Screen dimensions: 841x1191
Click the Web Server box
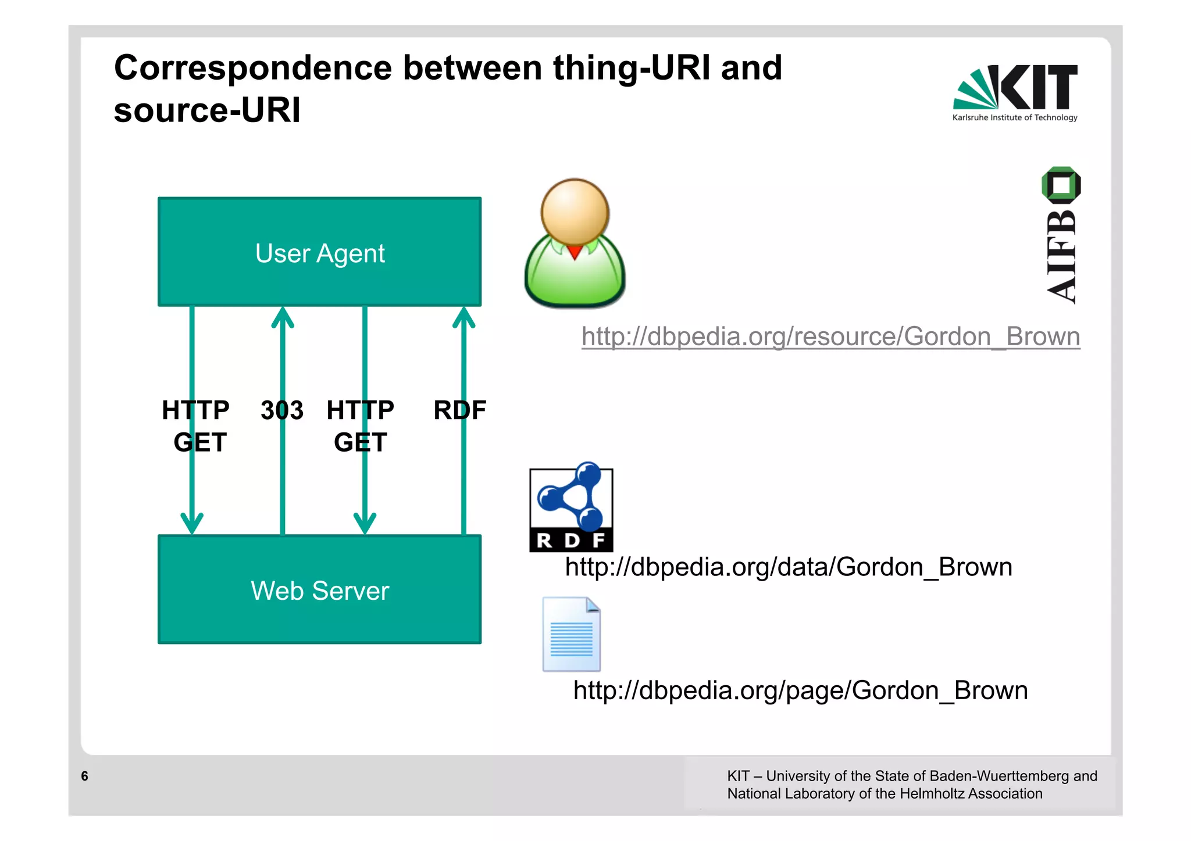319,589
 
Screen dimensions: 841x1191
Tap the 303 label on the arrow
282,410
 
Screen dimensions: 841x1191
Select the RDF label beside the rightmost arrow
459,410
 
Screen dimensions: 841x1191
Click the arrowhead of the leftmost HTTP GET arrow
192,523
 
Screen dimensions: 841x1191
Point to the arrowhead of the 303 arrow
283,317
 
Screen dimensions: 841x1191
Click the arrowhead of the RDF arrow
463,317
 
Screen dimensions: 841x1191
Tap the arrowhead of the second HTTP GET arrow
365,523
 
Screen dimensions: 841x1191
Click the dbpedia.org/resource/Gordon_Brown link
830,337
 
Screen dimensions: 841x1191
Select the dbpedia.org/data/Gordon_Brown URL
788,567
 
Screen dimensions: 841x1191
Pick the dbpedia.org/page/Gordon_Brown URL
800,690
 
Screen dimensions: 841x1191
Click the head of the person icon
575,212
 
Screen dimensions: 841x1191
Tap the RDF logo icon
571,509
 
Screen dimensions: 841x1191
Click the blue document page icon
571,634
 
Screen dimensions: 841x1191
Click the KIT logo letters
1039,87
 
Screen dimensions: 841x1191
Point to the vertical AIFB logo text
1061,256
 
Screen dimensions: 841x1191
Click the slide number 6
85,776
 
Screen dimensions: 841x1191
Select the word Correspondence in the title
252,68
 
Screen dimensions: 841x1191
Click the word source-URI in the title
207,110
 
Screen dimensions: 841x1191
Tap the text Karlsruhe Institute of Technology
1015,117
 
